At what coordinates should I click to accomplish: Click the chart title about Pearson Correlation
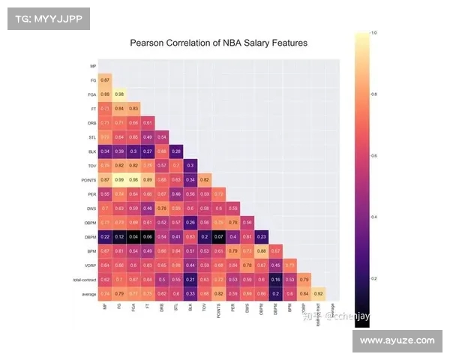[219, 43]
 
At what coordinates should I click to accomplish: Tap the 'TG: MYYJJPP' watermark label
[49, 18]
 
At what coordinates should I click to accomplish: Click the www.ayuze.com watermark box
[397, 340]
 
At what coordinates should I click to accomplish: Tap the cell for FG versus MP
[105, 79]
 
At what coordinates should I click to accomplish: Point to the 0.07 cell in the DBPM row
[219, 236]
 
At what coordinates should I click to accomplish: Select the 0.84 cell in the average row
[303, 293]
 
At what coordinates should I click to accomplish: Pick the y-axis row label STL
[91, 137]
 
